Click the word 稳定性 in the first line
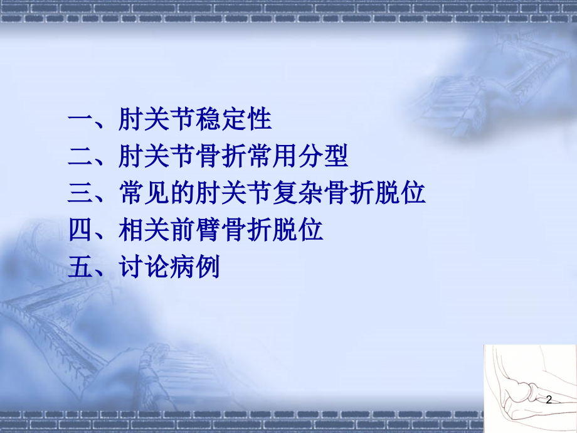(x=234, y=119)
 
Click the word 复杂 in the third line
(x=298, y=193)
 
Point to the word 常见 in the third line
(x=145, y=193)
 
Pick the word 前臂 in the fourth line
(x=196, y=230)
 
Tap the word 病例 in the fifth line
(x=196, y=267)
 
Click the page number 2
(x=549, y=400)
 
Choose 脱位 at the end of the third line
(x=400, y=193)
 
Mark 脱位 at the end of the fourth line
(x=298, y=230)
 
